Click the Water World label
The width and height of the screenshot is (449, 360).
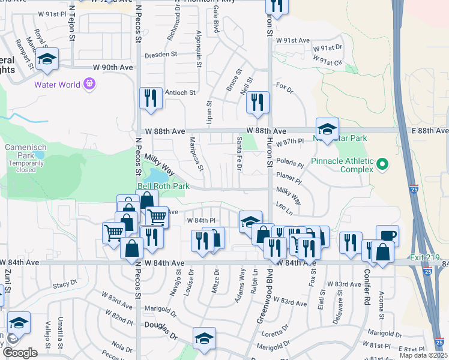coord(56,85)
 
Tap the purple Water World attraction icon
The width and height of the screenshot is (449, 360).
coord(90,85)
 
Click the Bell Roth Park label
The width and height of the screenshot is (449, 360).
coord(163,187)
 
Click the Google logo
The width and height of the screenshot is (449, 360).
coord(20,353)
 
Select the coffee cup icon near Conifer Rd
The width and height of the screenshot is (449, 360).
coord(387,235)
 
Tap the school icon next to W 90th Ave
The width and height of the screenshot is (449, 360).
coord(47,59)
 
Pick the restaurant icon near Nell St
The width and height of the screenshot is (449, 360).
coord(258,101)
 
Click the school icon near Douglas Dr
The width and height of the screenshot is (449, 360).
coord(204,337)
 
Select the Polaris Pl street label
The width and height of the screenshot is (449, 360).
coord(291,163)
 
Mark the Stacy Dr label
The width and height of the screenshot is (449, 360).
coord(65,284)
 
